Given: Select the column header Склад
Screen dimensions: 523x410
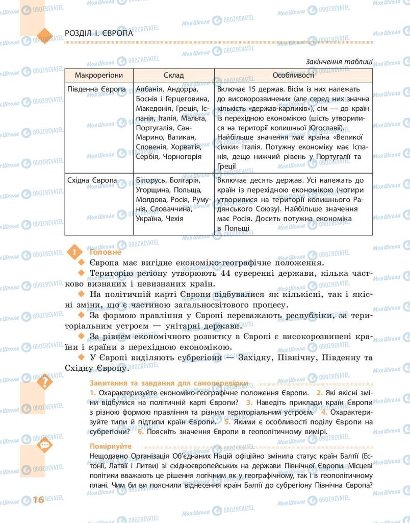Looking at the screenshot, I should coord(174,75).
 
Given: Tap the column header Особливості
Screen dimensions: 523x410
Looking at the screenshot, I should coord(293,75).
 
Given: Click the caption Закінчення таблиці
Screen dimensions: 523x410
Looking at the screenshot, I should coord(339,62).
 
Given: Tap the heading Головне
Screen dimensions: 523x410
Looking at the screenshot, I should coord(106,252).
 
